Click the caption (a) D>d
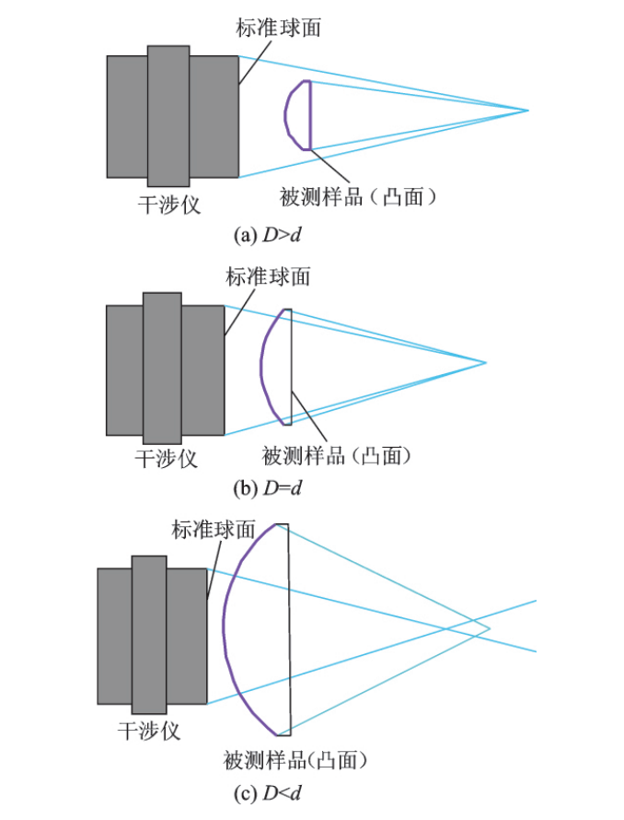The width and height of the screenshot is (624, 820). coord(267,235)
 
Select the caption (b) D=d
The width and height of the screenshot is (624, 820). coord(267,488)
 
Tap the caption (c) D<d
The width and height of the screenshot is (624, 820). coord(267,793)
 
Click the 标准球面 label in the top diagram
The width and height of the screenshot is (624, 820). coord(278,28)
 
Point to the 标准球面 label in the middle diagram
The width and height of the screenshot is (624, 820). coord(268,276)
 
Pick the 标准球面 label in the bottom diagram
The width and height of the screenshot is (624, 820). coord(214,530)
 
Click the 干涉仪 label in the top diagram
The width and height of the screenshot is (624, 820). coord(169,205)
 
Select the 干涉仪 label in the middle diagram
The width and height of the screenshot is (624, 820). coord(167,459)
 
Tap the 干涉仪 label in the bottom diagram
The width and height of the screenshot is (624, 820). coord(149,731)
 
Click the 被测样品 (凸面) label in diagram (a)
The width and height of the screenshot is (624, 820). coord(358,197)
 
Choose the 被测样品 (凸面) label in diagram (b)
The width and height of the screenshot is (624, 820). coord(336,456)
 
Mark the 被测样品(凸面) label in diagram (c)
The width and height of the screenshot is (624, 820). coord(295,760)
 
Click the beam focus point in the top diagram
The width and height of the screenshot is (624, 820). coord(528,111)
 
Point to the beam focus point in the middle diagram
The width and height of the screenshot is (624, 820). coord(486,362)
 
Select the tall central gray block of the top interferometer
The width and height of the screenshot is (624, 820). coord(168,116)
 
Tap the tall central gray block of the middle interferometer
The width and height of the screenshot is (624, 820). coord(163,369)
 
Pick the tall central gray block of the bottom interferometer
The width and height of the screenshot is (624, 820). coord(149,635)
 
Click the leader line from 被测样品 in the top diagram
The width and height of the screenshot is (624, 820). coord(329,166)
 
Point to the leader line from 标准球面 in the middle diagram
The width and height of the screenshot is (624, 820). coord(239,312)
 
